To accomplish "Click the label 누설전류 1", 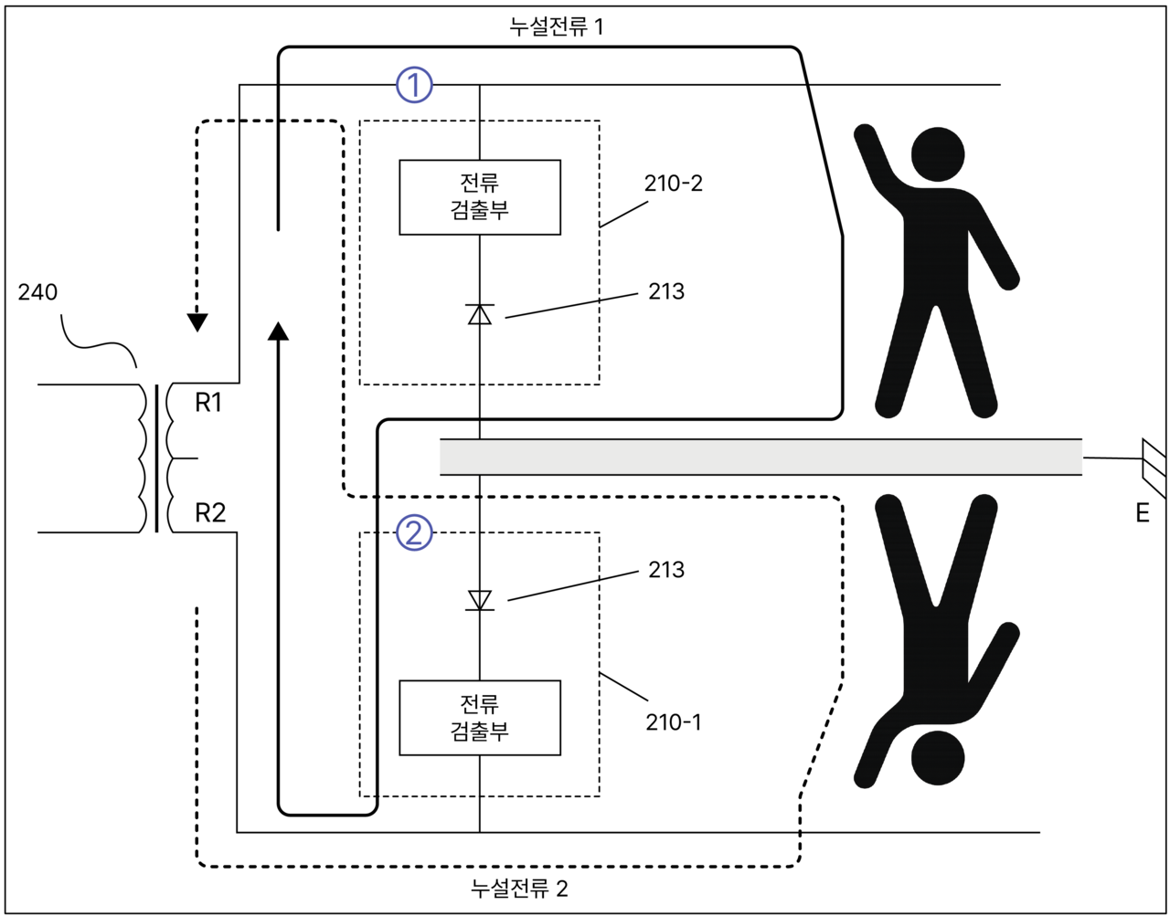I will pyautogui.click(x=556, y=26).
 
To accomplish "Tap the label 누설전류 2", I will pyautogui.click(x=519, y=888).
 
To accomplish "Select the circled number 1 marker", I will pyautogui.click(x=414, y=85).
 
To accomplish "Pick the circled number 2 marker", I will pyautogui.click(x=414, y=532).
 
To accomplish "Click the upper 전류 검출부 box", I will pyautogui.click(x=480, y=197).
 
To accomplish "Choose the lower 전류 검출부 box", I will pyautogui.click(x=480, y=718).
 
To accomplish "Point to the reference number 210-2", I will pyautogui.click(x=674, y=183).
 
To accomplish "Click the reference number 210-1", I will pyautogui.click(x=674, y=722).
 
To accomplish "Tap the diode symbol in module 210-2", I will pyautogui.click(x=480, y=313).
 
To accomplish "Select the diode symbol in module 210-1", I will pyautogui.click(x=480, y=600).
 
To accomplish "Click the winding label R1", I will pyautogui.click(x=209, y=403).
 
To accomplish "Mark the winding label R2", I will pyautogui.click(x=210, y=513).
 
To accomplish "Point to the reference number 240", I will pyautogui.click(x=37, y=292).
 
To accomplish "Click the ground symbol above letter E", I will pyautogui.click(x=1154, y=466).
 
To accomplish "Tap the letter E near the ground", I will pyautogui.click(x=1143, y=513).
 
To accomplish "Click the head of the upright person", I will pyautogui.click(x=938, y=153).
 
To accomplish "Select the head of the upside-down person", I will pyautogui.click(x=938, y=757).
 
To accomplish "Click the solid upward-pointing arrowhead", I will pyautogui.click(x=278, y=330).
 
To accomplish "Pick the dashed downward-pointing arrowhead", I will pyautogui.click(x=197, y=322).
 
